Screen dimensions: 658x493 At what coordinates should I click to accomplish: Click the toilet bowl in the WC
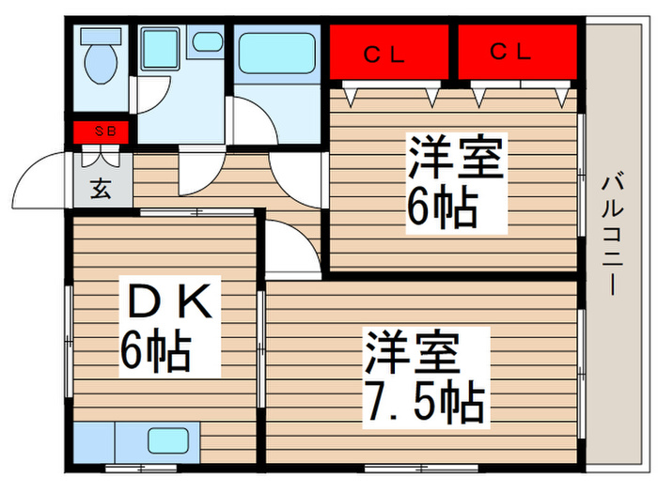click(x=101, y=63)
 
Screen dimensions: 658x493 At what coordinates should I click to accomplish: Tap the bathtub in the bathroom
click(x=277, y=54)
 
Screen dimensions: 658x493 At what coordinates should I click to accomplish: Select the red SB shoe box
click(x=101, y=132)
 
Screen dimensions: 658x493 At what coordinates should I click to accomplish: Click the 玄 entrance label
click(x=101, y=188)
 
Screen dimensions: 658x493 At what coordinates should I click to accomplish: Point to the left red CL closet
click(x=389, y=52)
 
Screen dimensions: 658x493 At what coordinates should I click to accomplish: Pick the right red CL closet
click(x=517, y=52)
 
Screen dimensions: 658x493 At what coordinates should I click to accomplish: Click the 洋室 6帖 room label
click(x=457, y=183)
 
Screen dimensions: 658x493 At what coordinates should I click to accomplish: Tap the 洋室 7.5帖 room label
click(x=427, y=377)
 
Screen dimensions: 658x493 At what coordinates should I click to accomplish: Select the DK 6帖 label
click(x=169, y=327)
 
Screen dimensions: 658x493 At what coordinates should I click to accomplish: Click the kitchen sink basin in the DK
click(x=168, y=440)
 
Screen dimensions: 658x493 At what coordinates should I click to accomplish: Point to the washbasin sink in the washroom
click(x=208, y=41)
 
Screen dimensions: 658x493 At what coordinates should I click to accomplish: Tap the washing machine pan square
click(x=160, y=48)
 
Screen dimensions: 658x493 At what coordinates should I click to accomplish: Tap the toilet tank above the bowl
click(x=101, y=36)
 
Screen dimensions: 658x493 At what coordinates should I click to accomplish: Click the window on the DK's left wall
click(x=69, y=341)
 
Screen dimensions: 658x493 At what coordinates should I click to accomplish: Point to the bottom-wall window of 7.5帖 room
click(x=421, y=468)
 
